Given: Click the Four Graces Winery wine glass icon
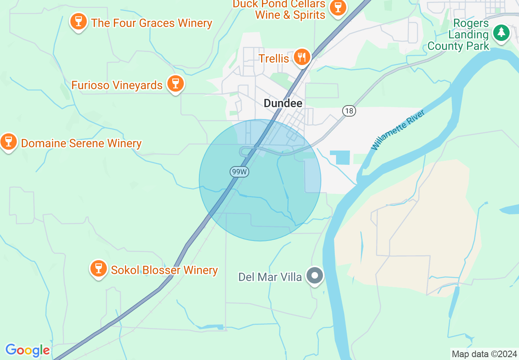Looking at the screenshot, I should coord(78,21).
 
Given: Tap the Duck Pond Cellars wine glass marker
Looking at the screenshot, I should coord(338,7).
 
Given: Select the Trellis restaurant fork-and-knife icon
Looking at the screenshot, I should coord(302,57).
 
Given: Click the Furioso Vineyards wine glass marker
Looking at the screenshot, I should coord(176,84).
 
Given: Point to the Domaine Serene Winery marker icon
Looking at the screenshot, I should coord(8,142).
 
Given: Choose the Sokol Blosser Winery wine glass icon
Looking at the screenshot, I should coord(98,268).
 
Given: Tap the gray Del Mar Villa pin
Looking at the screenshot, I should coord(315,275).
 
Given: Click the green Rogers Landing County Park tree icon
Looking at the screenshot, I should coord(501,32).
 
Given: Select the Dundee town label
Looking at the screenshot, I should coord(283,103).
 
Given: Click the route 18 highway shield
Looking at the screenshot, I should coord(349,111).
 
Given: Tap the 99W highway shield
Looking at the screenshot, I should coord(239,172).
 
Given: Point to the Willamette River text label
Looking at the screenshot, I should coord(398,130).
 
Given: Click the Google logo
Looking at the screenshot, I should coord(27,350).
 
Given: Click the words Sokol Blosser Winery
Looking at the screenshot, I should coord(165,270).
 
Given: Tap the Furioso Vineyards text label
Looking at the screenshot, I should coord(117,85).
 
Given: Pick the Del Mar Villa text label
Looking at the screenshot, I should coord(270,277).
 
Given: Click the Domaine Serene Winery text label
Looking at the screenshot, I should coord(81,144).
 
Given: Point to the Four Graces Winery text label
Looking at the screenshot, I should coord(152,23).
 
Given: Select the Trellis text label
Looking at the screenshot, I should coord(274,59).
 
